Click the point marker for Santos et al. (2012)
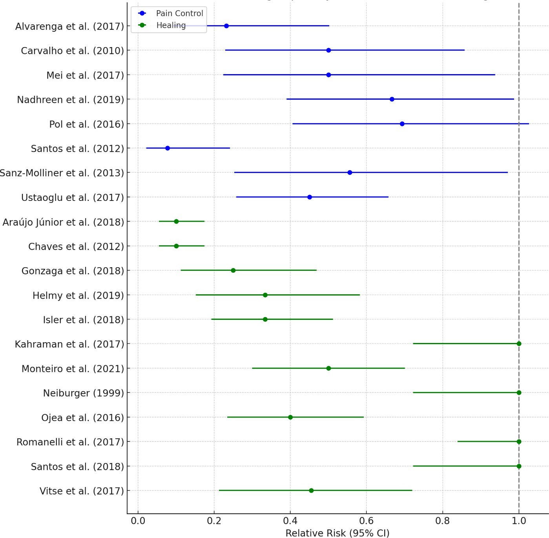(168, 148)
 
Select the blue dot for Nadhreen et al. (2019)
(392, 99)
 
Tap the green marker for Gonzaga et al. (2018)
(233, 270)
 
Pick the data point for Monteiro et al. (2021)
(328, 368)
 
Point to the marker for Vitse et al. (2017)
(311, 491)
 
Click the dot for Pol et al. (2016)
(402, 124)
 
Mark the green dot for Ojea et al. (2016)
(290, 417)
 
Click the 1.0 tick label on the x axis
(519, 521)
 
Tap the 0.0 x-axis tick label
(138, 521)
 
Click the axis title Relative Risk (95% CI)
(337, 533)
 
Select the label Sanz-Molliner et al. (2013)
(62, 173)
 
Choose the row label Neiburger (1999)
(83, 393)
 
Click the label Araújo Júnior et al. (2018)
(63, 222)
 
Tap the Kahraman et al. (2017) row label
(69, 344)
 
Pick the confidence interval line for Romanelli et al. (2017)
(487, 441)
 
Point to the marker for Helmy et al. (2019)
(265, 295)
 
